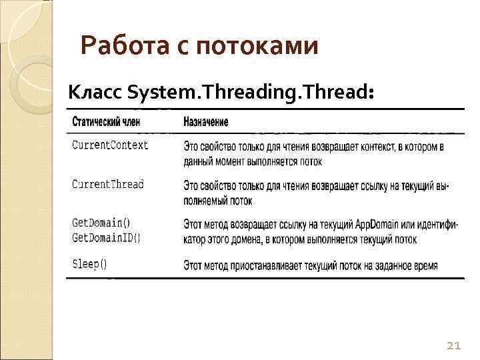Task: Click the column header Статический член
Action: [x=111, y=122]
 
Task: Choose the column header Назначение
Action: [x=206, y=122]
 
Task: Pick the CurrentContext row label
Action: [x=110, y=145]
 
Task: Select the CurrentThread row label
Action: [x=108, y=184]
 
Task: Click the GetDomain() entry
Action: [x=101, y=223]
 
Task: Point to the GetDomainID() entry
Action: [x=106, y=237]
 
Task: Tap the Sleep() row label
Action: [x=89, y=263]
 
